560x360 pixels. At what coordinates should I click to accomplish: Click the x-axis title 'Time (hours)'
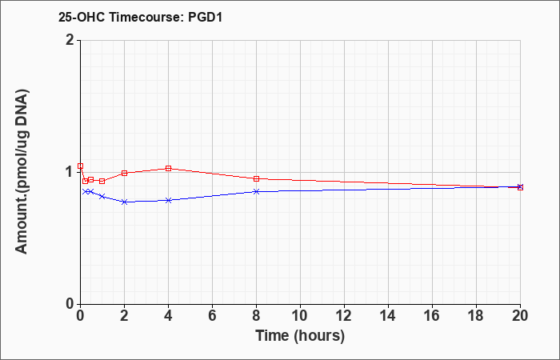tap(300, 335)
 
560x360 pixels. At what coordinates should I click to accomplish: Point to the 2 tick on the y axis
tap(69, 40)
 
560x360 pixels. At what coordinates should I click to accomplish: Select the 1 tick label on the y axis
tap(69, 172)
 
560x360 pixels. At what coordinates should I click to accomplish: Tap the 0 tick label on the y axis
tap(69, 305)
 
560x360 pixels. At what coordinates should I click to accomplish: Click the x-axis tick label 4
tap(168, 316)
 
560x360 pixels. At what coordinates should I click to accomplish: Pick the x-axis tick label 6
tap(212, 316)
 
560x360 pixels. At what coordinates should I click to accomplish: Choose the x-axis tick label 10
tap(300, 316)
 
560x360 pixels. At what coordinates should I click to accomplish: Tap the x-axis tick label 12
tap(344, 316)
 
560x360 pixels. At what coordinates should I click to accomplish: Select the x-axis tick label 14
tap(388, 316)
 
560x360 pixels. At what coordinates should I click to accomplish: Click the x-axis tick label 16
tap(432, 316)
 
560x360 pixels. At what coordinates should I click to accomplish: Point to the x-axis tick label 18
tap(476, 316)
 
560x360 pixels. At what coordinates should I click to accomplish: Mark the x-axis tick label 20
tap(520, 316)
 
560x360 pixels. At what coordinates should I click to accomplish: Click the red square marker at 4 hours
tap(168, 168)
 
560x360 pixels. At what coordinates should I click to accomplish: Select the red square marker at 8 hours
tap(256, 178)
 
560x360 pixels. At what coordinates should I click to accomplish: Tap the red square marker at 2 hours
tap(124, 173)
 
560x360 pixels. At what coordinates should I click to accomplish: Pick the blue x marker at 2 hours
tap(124, 202)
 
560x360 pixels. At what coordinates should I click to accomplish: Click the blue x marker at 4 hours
tap(168, 200)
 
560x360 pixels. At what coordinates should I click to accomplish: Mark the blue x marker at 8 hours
tap(256, 191)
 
